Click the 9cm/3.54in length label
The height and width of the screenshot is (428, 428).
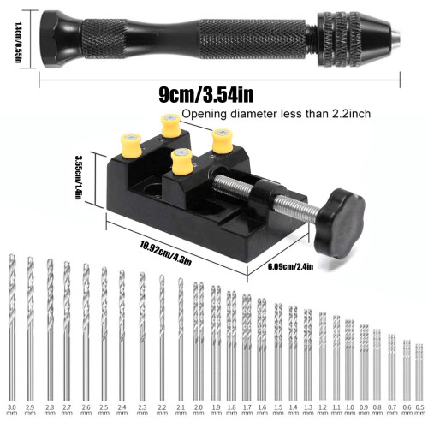click(x=206, y=95)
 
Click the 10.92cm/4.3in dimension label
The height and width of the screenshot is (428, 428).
click(x=165, y=253)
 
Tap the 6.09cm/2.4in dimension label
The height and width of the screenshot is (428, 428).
click(x=290, y=267)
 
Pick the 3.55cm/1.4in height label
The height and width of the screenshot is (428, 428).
click(x=79, y=177)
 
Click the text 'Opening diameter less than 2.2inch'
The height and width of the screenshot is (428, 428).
click(x=276, y=114)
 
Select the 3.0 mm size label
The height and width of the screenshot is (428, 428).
click(x=12, y=410)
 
